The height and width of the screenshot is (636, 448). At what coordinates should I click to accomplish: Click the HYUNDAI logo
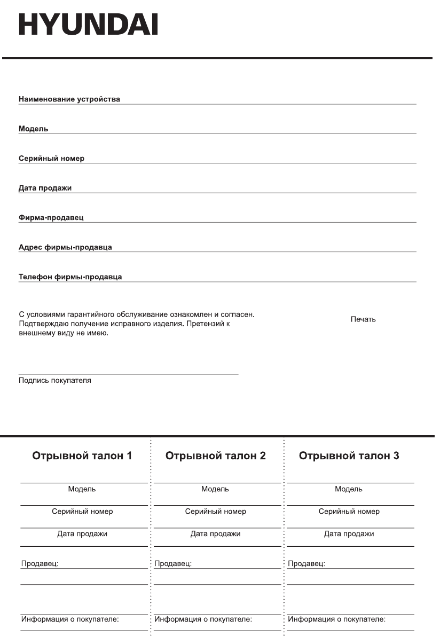88,24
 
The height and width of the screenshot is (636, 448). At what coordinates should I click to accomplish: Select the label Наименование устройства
69,99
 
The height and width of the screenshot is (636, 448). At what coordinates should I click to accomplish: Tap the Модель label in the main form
33,129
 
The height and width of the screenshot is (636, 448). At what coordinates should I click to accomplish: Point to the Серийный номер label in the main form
51,159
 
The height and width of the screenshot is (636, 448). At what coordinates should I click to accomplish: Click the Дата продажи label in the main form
45,188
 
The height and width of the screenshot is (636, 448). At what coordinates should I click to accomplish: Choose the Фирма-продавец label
51,218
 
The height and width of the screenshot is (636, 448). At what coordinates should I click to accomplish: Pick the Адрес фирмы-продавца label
65,247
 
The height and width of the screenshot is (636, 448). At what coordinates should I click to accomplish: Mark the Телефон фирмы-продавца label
70,277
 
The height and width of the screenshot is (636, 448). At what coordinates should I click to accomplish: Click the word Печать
363,319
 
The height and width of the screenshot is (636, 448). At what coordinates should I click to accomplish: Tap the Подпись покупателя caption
54,381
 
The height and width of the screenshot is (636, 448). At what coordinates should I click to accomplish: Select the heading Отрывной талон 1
82,456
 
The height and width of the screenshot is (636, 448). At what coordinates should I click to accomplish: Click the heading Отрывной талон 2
216,456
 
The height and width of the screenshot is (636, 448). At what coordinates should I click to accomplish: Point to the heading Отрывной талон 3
349,456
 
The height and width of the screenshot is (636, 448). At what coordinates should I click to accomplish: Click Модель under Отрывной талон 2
215,489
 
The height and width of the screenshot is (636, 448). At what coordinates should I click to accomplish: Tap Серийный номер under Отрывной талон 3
349,512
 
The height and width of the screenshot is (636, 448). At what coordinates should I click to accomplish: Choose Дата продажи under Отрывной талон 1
82,534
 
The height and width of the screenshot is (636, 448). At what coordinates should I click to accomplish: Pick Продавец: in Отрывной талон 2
173,563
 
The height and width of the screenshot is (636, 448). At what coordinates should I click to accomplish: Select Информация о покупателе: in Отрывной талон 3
336,619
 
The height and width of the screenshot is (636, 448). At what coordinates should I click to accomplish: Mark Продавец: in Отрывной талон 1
40,563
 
